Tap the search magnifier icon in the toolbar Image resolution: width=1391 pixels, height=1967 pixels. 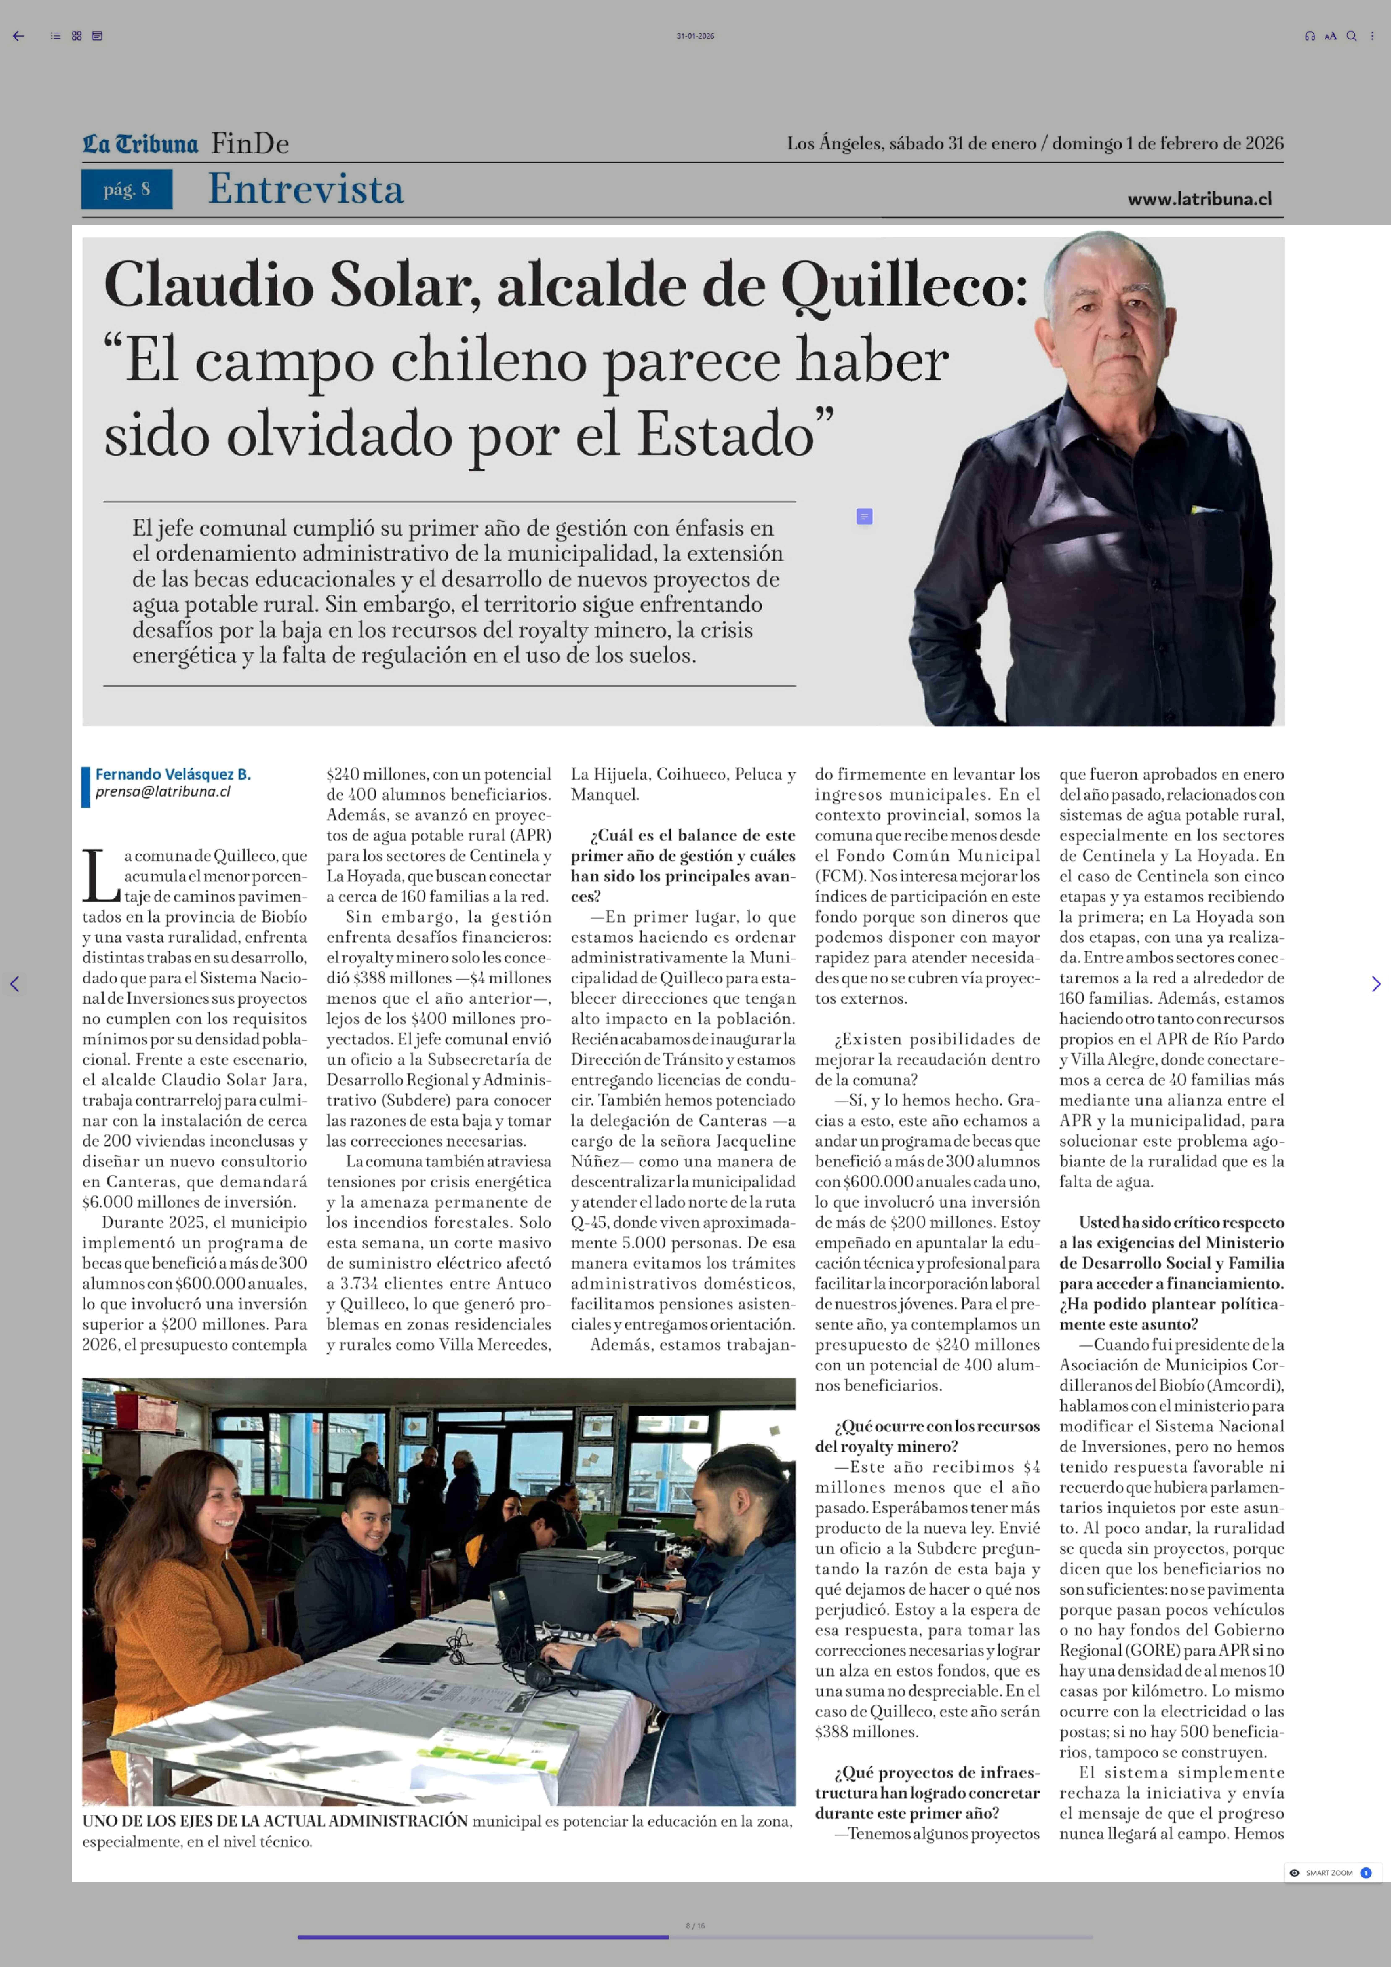1351,36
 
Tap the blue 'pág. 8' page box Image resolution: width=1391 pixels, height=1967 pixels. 127,189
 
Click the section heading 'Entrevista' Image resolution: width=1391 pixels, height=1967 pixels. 306,189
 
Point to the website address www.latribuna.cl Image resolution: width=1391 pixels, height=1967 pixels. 1199,199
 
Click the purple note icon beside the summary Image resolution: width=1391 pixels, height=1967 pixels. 864,517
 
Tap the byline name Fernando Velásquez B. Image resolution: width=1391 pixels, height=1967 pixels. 173,774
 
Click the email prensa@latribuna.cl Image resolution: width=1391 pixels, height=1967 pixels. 163,792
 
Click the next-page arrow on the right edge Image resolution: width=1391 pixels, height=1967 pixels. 1376,984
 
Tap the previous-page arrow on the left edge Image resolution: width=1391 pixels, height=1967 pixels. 14,984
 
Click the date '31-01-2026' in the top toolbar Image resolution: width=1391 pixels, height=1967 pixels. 695,36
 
